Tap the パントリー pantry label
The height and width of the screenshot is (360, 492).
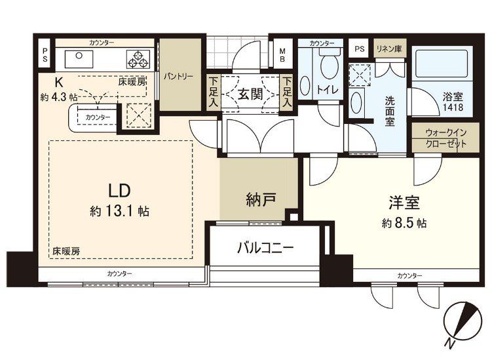(x=179, y=76)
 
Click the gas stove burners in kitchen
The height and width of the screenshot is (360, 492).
(x=139, y=59)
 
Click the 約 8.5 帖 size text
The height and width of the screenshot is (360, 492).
(x=404, y=223)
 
